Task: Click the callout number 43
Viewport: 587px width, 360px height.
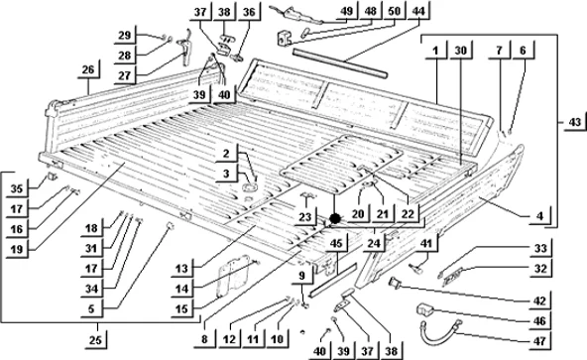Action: click(575, 122)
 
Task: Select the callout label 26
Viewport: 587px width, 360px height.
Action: click(88, 69)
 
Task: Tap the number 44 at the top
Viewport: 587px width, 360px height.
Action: click(418, 11)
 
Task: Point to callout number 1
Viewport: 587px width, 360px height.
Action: click(435, 50)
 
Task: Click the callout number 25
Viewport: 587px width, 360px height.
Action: click(95, 340)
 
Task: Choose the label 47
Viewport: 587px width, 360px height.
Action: click(539, 341)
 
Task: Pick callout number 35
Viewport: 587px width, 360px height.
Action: click(17, 188)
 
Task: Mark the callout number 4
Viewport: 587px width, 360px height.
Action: click(539, 216)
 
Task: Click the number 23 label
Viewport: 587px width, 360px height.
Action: click(305, 217)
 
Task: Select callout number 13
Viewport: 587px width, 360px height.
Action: click(181, 269)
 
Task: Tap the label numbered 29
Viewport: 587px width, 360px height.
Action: click(125, 36)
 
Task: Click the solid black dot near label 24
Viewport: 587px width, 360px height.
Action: click(335, 218)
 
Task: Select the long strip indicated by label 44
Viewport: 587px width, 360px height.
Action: click(340, 63)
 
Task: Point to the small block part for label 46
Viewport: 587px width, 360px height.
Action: click(425, 309)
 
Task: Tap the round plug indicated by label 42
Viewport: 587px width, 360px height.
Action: click(395, 282)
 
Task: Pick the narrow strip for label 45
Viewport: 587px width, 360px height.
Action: click(333, 279)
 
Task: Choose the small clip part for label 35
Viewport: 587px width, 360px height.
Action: click(52, 176)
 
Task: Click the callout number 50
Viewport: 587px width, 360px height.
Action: click(395, 11)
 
